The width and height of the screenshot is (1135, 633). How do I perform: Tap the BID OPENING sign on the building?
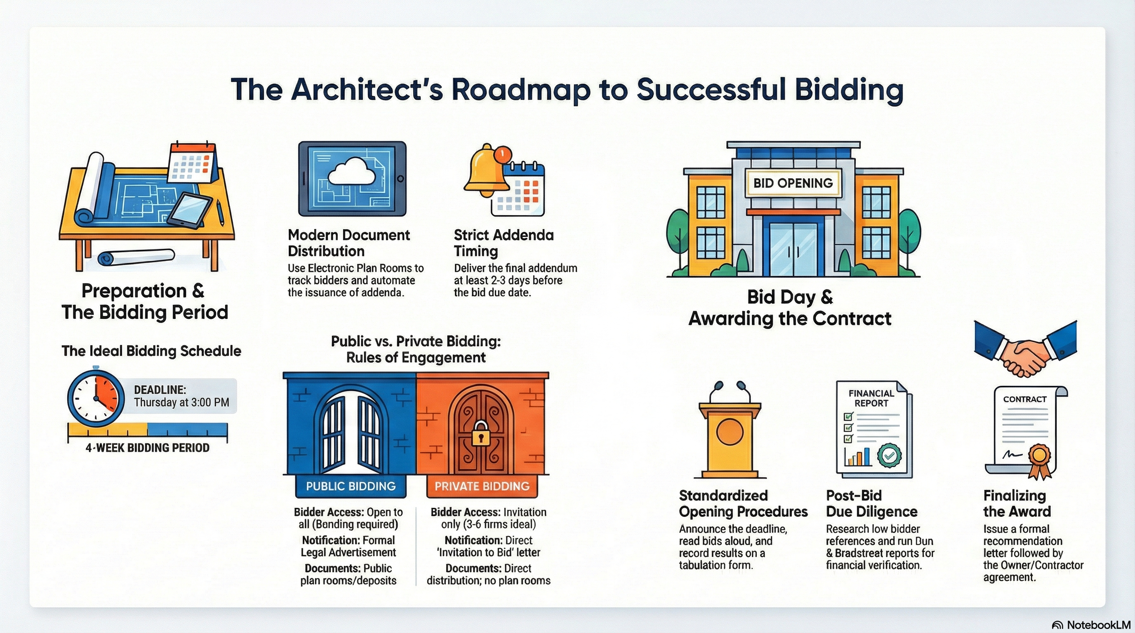pyautogui.click(x=793, y=183)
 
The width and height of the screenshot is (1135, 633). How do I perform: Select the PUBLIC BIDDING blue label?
pyautogui.click(x=350, y=486)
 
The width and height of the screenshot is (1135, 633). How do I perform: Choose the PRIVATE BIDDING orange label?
pyautogui.click(x=482, y=486)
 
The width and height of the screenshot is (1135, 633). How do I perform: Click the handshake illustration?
pyautogui.click(x=1025, y=355)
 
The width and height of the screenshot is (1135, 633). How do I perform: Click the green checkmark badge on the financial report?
pyautogui.click(x=889, y=456)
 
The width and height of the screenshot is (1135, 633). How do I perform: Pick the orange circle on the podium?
pyautogui.click(x=730, y=432)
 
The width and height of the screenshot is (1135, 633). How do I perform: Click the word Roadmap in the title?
pyautogui.click(x=521, y=89)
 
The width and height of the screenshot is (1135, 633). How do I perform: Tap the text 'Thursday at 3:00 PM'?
pyautogui.click(x=181, y=402)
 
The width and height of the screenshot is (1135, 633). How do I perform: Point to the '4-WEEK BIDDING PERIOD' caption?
pyautogui.click(x=148, y=448)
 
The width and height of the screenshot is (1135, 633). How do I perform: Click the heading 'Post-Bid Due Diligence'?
pyautogui.click(x=871, y=503)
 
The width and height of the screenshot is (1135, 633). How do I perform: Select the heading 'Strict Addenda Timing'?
pyautogui.click(x=503, y=243)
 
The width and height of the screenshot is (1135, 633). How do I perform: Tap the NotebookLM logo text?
pyautogui.click(x=1098, y=625)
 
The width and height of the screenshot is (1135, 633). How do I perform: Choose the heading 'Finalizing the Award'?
pyautogui.click(x=1017, y=503)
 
